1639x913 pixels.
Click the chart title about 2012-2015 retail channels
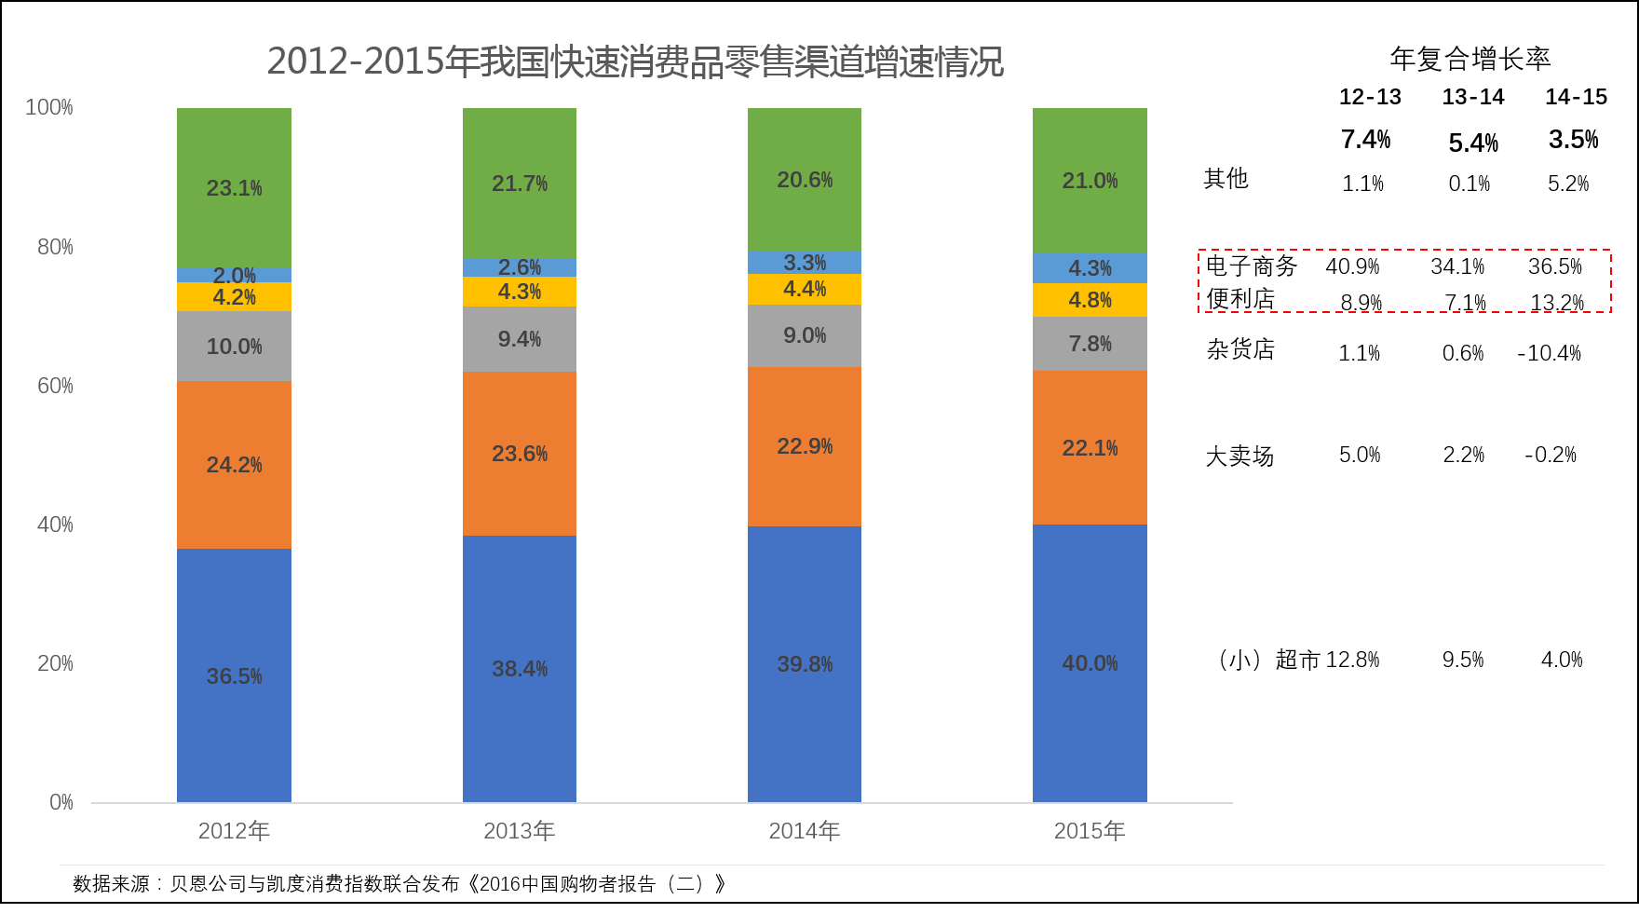point(635,61)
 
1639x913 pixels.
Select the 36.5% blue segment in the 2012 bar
point(234,675)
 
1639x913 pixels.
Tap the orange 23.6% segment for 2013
point(520,454)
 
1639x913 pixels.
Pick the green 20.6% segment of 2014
point(805,180)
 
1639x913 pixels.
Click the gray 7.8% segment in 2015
point(1090,344)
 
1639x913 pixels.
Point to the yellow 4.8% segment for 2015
point(1090,300)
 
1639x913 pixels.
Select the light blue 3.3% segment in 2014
point(805,263)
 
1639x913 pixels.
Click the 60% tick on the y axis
point(55,386)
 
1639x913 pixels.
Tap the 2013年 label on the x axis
point(519,831)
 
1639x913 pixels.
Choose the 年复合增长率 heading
point(1470,59)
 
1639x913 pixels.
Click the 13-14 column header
point(1472,97)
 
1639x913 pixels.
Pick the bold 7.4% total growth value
point(1365,140)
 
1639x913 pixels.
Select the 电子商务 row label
point(1251,266)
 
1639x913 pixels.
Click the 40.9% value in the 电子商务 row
point(1352,266)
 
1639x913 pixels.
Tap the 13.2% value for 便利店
point(1557,303)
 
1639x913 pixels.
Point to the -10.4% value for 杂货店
point(1550,353)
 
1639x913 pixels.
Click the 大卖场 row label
point(1239,456)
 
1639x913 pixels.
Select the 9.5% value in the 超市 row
point(1463,660)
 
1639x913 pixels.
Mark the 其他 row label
point(1226,179)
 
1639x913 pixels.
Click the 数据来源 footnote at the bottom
point(399,883)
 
